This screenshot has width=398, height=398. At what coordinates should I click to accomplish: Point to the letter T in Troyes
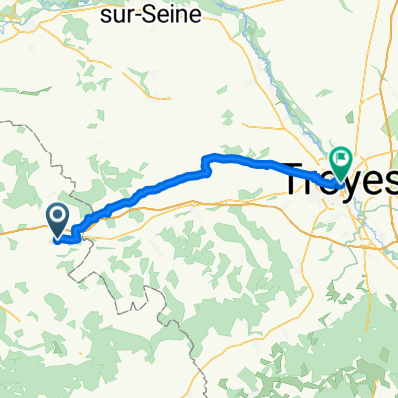pyautogui.click(x=298, y=180)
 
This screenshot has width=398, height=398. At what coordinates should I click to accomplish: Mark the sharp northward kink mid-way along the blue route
pyautogui.click(x=207, y=162)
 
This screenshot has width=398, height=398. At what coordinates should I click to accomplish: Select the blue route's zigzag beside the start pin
pyautogui.click(x=75, y=228)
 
